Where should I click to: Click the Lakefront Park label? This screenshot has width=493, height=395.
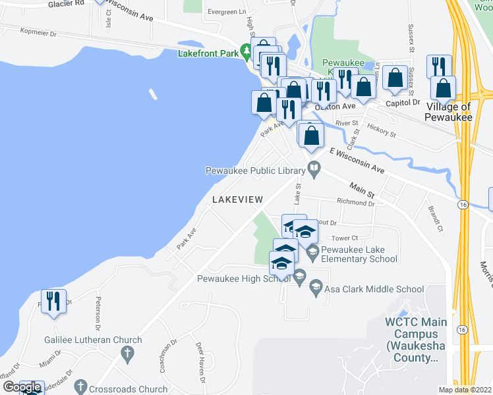(x=208, y=54)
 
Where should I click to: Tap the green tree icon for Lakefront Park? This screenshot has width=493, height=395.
(x=246, y=51)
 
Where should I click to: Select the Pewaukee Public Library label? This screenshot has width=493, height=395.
(x=254, y=171)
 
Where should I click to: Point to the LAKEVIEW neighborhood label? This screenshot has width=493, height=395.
(x=237, y=199)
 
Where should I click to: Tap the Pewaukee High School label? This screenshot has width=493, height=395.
(x=245, y=278)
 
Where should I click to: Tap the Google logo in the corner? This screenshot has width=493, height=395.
(x=22, y=388)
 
